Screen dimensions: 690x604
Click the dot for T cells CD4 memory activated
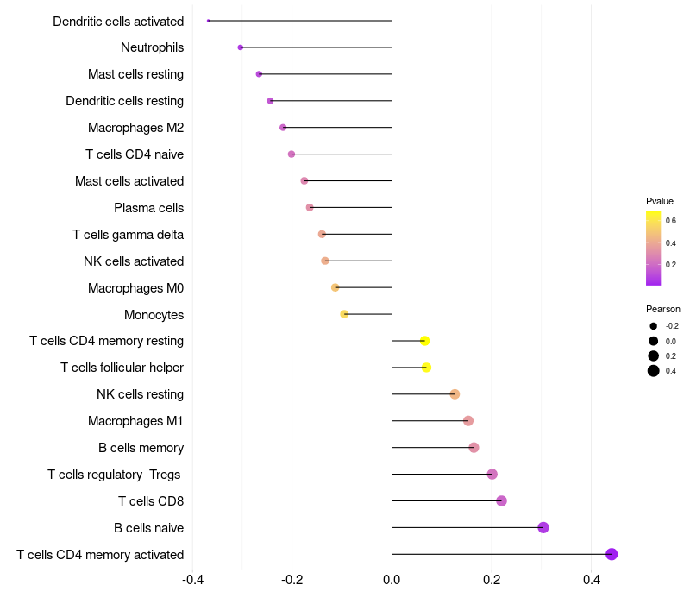612,554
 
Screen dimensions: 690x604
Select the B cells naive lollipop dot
543,527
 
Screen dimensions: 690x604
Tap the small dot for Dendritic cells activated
208,21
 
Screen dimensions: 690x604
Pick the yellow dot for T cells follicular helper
426,368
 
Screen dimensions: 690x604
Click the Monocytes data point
344,314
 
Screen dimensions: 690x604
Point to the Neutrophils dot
241,47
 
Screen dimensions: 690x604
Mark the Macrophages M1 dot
468,421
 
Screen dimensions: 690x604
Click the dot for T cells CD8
501,501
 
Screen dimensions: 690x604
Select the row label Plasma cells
148,208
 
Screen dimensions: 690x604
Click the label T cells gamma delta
128,235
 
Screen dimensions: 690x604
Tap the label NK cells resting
140,394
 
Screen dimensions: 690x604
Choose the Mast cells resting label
135,74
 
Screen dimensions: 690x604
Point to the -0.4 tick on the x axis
192,580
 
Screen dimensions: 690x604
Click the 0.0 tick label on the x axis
392,580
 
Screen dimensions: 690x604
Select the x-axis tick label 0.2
492,580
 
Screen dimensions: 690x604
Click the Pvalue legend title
660,201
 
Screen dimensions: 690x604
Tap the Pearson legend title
663,309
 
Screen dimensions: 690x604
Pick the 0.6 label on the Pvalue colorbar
671,221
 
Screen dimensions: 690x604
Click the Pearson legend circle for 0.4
654,371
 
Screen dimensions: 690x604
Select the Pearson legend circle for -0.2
654,326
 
